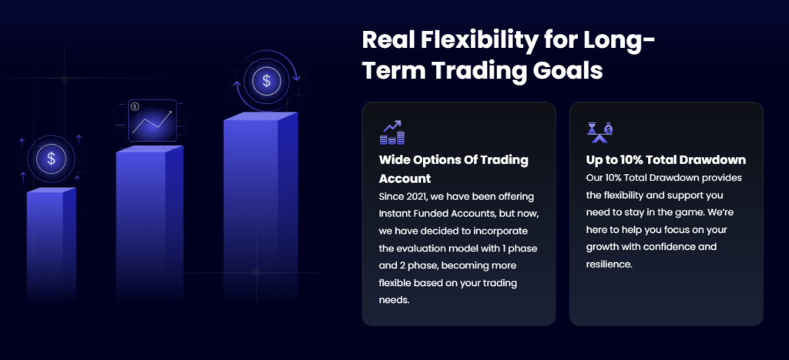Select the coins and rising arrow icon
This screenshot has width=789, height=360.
coord(392,133)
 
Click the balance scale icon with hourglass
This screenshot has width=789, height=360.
coord(599,133)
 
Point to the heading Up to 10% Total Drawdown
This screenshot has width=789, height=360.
coord(666,160)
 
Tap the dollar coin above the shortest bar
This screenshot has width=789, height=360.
coord(51,159)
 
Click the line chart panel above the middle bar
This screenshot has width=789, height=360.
coord(153,120)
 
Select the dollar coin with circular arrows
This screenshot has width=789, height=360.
coord(266,81)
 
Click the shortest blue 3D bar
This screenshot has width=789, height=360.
coord(52,244)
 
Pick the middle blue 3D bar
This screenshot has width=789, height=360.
coord(149,223)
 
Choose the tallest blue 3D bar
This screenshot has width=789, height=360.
coord(260,207)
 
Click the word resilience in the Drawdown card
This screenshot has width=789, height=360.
coord(609,264)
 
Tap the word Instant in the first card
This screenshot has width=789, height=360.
coord(394,214)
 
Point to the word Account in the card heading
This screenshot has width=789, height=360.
coord(405,179)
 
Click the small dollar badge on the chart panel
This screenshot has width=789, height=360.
coord(134,106)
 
